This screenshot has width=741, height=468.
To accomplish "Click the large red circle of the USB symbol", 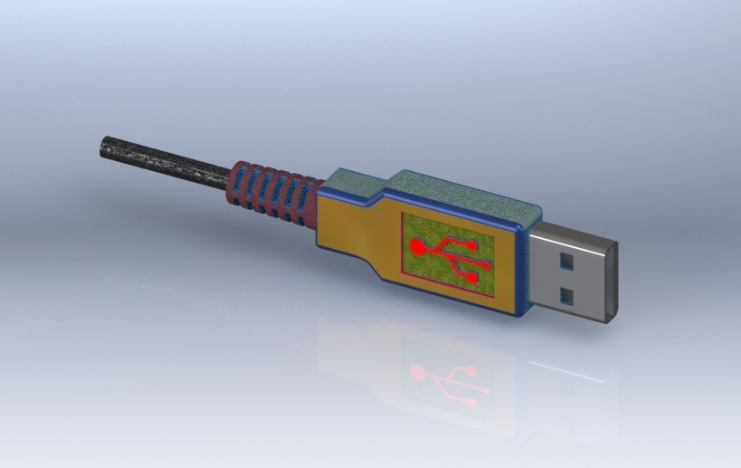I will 417,245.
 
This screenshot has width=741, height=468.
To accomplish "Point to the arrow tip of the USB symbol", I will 489,265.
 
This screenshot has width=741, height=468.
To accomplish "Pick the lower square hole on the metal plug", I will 567,295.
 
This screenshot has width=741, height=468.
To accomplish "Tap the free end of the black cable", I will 102,146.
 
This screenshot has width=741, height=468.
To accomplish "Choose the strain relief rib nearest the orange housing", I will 308,198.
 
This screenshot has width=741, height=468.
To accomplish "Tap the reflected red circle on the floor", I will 417,370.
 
